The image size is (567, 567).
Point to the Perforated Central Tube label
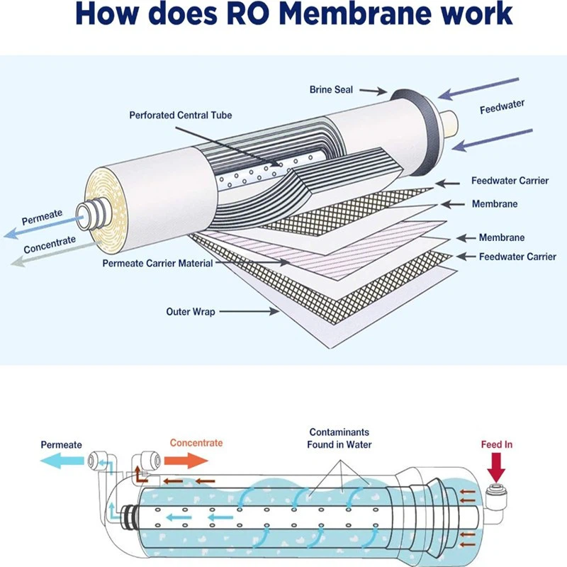(180, 115)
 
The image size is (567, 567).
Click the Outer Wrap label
(190, 311)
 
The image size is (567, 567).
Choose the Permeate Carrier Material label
(157, 264)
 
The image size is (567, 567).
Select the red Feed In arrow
(496, 468)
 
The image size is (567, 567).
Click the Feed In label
(496, 444)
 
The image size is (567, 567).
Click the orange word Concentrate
(196, 443)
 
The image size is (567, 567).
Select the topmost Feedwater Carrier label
(510, 181)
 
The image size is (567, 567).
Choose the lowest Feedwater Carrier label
(517, 257)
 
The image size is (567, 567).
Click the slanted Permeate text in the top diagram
(42, 216)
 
